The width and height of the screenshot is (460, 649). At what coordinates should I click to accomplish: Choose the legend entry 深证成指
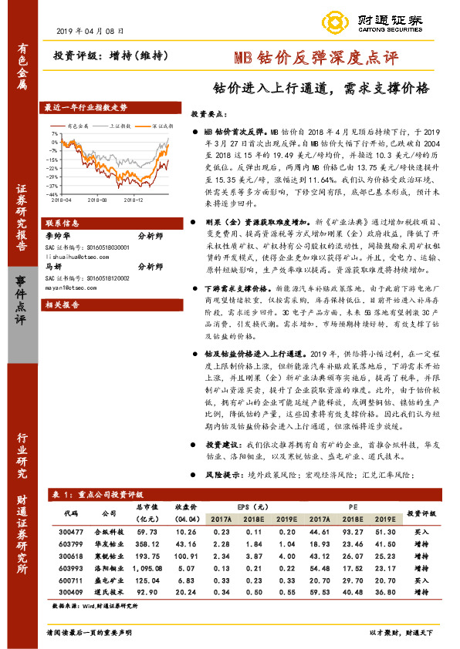coord(161,124)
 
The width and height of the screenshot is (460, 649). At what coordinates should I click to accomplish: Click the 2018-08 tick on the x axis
coord(97,200)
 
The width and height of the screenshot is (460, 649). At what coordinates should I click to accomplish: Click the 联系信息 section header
coord(63,222)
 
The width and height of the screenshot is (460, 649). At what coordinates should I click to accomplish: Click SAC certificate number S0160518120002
coord(86,276)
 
